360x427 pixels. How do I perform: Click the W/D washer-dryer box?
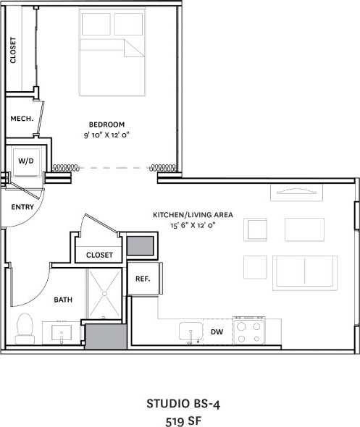[25, 161]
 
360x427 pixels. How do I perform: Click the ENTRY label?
[22, 207]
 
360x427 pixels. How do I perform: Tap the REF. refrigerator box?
[142, 279]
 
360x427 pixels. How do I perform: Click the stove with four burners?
[248, 331]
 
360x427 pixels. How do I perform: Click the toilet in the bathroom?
[25, 327]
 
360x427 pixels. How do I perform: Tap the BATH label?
[62, 299]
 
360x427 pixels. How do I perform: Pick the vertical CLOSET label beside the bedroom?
[13, 51]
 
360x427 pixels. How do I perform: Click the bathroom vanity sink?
[61, 334]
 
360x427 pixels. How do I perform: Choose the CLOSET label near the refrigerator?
[99, 255]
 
